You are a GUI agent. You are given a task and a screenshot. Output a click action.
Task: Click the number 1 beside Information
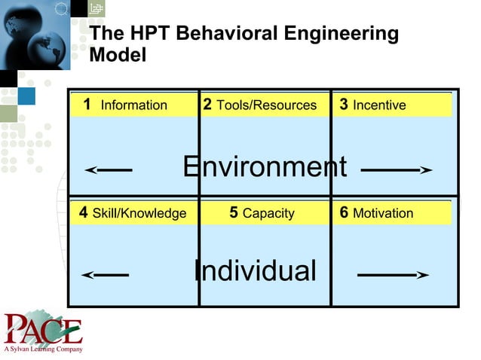click(87, 104)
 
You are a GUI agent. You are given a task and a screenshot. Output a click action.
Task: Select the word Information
click(134, 105)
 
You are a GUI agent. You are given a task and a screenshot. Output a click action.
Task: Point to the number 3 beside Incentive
click(344, 104)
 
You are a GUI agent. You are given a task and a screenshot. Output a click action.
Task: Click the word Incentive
click(379, 105)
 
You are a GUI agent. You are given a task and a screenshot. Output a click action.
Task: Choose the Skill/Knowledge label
click(139, 213)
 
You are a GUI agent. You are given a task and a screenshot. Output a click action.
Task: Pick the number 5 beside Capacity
click(234, 212)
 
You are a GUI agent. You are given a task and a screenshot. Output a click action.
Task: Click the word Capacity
click(268, 214)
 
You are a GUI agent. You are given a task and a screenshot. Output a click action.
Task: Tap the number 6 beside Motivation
click(344, 212)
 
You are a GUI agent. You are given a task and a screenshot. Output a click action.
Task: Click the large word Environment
click(265, 166)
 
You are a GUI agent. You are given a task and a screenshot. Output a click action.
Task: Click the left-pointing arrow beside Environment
click(109, 170)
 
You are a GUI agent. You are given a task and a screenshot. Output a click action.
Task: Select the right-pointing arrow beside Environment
click(396, 170)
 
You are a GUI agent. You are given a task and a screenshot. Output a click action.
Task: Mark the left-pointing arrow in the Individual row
click(105, 276)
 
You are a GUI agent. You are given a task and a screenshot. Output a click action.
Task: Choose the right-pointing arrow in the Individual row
click(393, 276)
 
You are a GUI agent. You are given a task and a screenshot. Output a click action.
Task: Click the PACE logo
click(41, 329)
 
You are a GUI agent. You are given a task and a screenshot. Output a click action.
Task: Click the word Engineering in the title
click(339, 34)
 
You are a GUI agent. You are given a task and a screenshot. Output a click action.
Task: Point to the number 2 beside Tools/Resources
click(207, 104)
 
